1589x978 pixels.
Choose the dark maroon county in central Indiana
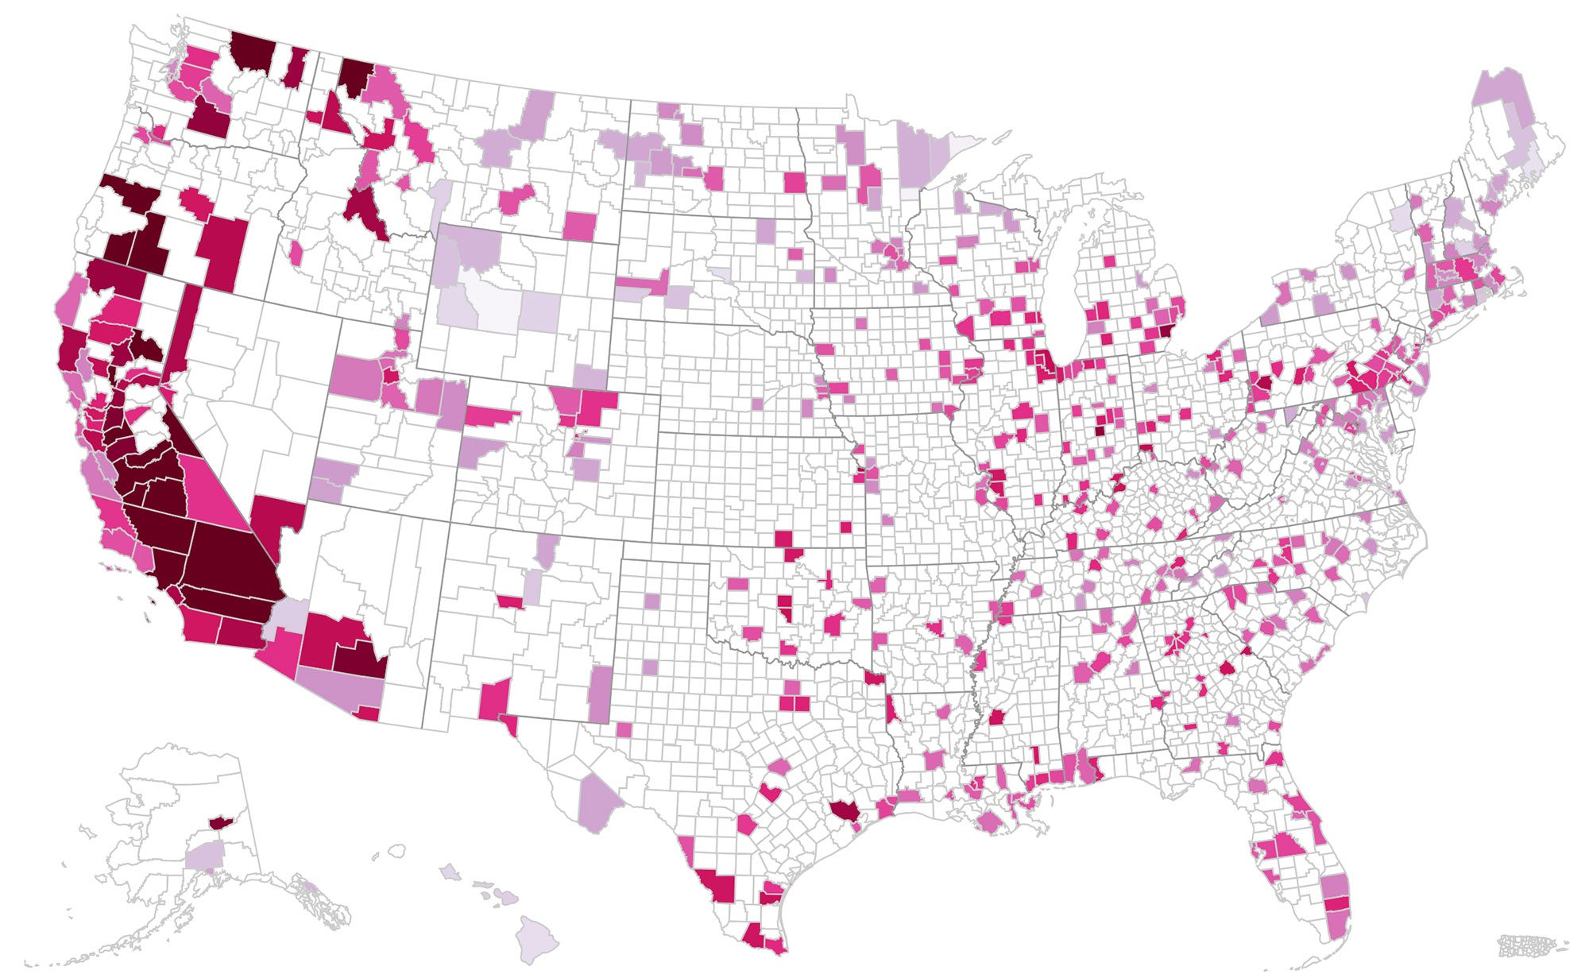pos(1099,431)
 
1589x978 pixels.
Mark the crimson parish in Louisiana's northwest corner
pos(874,681)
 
